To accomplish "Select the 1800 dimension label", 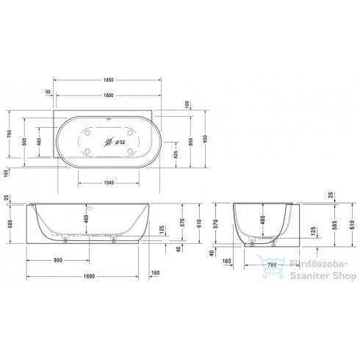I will point(109,94).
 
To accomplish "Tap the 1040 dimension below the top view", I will point(109,183).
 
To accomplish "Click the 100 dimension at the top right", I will point(188,104).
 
